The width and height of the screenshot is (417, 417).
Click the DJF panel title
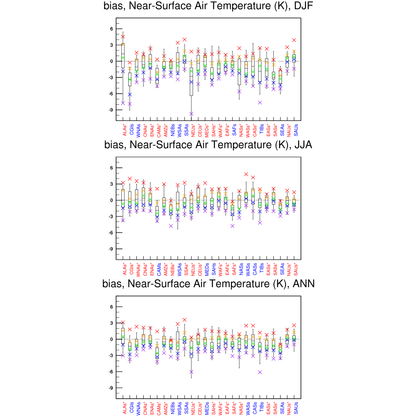tap(208, 6)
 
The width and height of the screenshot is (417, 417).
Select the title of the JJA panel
tap(208, 145)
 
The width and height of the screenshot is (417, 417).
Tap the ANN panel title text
tap(208, 284)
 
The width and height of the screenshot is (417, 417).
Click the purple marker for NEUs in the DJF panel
tap(191, 114)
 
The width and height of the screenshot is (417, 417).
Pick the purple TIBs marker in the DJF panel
tap(259, 103)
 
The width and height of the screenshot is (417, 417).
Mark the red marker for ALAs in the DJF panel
tap(123, 37)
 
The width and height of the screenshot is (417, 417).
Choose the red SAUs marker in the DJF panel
tap(294, 40)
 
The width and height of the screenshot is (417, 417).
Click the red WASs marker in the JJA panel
tap(246, 174)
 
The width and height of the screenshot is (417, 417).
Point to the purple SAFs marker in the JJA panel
tap(232, 226)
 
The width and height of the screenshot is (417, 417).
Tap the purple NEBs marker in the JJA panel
tap(171, 226)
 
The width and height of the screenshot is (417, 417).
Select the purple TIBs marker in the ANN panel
tap(259, 372)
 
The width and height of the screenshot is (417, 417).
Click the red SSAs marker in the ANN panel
tap(184, 320)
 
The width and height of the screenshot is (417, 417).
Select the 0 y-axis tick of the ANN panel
tap(111, 339)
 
